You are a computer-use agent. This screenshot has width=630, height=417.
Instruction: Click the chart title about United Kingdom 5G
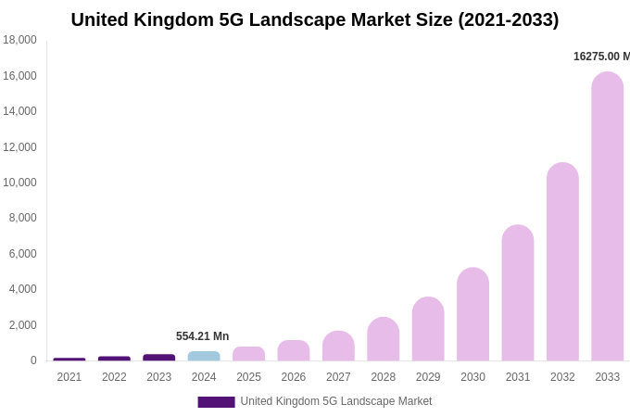tap(315, 19)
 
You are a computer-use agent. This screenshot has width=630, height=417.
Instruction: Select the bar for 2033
tap(608, 217)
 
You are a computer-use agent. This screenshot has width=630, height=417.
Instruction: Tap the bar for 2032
tap(562, 262)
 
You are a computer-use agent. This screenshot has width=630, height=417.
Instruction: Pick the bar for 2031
tap(518, 293)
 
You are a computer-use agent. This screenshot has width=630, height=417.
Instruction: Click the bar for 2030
tap(472, 314)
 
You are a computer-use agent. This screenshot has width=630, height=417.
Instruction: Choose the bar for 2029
tap(428, 329)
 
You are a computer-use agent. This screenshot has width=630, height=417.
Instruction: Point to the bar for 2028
tap(384, 339)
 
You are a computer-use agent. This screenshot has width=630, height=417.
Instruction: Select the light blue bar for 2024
tap(204, 356)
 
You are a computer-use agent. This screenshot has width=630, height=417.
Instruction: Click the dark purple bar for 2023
tap(159, 358)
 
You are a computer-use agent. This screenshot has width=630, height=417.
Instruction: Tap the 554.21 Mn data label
tap(202, 336)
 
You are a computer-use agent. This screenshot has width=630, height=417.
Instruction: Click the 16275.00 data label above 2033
tap(601, 57)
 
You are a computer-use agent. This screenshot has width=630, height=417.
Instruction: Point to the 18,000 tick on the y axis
tap(19, 40)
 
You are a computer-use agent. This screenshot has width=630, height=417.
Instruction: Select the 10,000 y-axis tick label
tap(19, 183)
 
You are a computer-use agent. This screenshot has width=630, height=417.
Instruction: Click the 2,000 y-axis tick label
tap(22, 325)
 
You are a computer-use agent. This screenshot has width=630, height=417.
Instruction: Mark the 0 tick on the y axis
tap(33, 360)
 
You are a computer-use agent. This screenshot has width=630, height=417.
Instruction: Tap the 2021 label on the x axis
tap(69, 377)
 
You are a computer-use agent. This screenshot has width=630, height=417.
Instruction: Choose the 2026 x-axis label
tap(294, 377)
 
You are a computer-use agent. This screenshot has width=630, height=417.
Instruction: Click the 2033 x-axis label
tap(608, 377)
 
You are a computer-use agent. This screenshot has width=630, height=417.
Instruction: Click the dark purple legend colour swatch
tap(216, 402)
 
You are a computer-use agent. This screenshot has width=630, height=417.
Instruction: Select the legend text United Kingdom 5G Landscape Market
tap(336, 401)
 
